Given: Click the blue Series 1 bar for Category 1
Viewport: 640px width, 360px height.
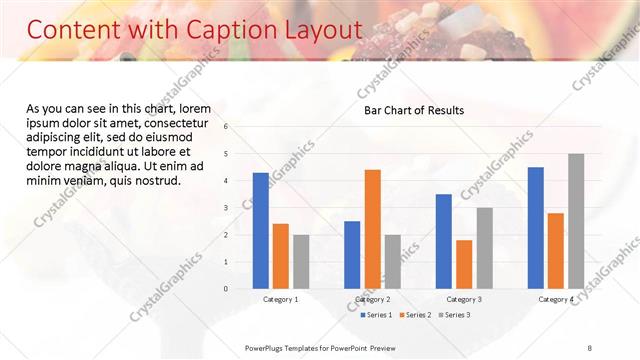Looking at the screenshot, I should [x=261, y=230].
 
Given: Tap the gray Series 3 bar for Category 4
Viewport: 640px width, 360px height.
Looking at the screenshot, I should [x=576, y=221].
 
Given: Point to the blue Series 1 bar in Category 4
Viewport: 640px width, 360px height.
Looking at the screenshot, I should [x=536, y=227].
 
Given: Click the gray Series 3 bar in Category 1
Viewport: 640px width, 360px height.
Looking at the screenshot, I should [x=301, y=261].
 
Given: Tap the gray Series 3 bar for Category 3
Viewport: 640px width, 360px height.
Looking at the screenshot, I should [x=484, y=248].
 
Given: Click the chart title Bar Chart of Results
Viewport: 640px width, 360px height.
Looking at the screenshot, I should [x=413, y=110].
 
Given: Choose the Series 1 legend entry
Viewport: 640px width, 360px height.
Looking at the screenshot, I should [x=376, y=315].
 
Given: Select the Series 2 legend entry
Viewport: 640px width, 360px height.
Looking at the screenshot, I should [x=416, y=315].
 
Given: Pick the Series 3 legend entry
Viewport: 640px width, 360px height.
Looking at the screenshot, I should [x=456, y=315].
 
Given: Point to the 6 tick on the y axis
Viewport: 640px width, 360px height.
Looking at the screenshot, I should [x=227, y=126].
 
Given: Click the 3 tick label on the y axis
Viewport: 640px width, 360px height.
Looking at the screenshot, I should [x=227, y=207].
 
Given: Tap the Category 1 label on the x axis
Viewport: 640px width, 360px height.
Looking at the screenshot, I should [x=281, y=299].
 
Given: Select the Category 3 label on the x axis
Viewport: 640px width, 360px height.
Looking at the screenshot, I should [x=464, y=299].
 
